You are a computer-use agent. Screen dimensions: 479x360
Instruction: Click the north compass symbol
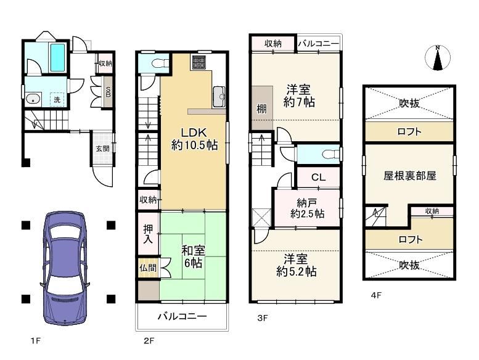tap(438, 58)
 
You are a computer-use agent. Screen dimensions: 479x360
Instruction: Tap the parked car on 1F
tap(65, 268)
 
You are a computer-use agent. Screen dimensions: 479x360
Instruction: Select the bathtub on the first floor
tap(57, 57)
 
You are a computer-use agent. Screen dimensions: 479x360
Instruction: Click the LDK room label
tap(194, 133)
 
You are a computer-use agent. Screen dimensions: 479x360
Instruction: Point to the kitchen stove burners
tap(199, 62)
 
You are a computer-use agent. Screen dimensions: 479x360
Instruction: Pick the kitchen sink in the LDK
tap(219, 97)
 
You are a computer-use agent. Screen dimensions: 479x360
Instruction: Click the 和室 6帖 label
tap(193, 256)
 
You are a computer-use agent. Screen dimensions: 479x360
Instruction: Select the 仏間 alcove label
tap(148, 268)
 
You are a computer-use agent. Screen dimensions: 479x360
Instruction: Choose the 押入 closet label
tap(148, 234)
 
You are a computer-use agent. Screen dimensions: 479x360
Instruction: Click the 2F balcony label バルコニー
tap(182, 316)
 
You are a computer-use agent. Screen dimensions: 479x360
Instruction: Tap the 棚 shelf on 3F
tap(261, 108)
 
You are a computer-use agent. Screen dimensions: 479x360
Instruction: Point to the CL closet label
tap(318, 177)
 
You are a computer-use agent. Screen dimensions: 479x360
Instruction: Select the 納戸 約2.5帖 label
tap(308, 208)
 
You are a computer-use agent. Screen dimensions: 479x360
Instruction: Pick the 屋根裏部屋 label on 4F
tap(410, 176)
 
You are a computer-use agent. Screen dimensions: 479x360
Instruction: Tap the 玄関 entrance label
tap(102, 149)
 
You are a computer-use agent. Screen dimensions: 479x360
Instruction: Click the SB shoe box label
tap(108, 92)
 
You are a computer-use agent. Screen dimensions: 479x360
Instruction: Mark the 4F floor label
tap(376, 295)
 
